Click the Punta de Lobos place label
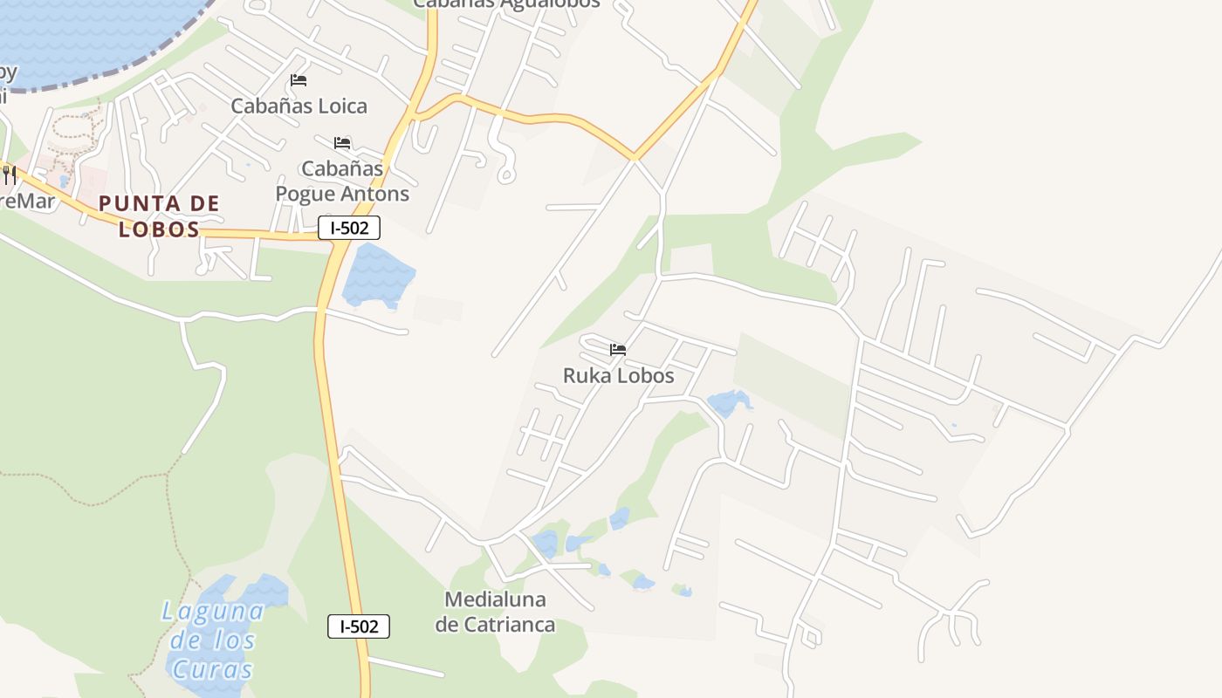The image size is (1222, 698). tap(159, 216)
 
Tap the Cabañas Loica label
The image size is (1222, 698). tap(299, 106)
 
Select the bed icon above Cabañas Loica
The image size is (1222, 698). tap(299, 80)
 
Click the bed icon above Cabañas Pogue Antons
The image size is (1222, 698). tap(342, 142)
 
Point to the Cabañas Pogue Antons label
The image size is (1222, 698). tap(342, 181)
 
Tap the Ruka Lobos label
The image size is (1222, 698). tap(618, 376)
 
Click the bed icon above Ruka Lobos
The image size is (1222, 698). tap(618, 350)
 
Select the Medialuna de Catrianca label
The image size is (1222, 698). tap(495, 612)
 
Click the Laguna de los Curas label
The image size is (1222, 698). tap(213, 640)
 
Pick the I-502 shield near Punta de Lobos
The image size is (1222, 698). tap(349, 229)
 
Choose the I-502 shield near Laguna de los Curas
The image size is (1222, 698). tap(359, 626)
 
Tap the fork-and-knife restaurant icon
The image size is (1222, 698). tap(10, 174)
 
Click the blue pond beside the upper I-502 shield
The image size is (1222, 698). tap(378, 275)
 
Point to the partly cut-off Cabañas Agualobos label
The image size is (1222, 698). tap(506, 4)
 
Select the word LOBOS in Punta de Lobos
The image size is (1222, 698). tap(159, 230)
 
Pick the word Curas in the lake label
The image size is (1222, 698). tap(213, 669)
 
